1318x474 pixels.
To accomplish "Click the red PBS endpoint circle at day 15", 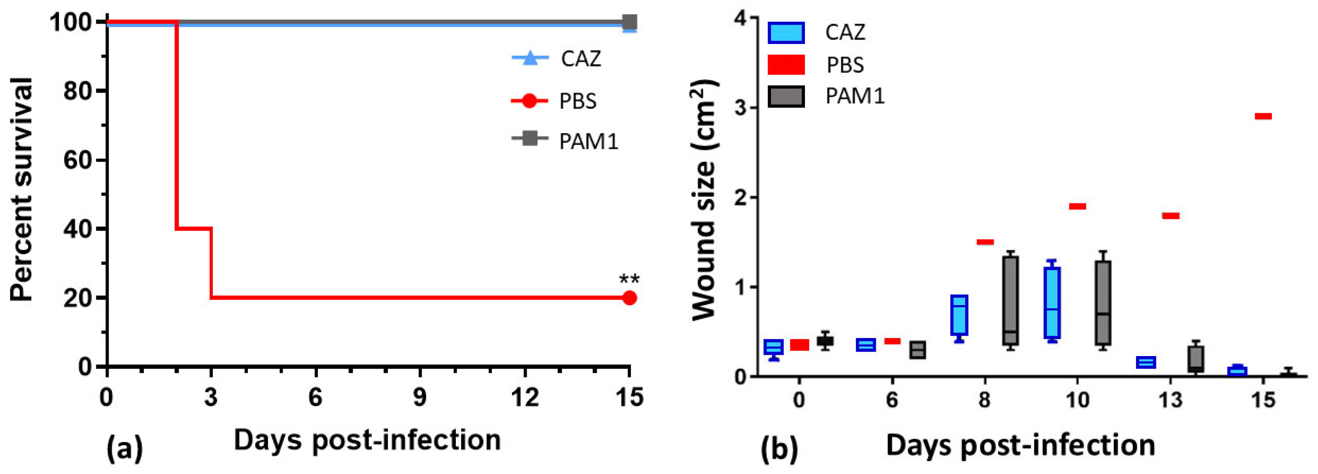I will point(629,298).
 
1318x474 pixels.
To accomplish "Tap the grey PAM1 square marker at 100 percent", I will point(629,22).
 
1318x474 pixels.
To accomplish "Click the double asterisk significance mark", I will point(629,280).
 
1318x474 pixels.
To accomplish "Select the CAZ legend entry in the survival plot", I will point(558,59).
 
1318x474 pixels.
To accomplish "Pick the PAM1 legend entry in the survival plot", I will point(565,141).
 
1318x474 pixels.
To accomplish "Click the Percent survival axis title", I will point(22,189).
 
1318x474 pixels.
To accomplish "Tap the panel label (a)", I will point(124,448).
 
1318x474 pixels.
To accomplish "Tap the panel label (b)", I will point(779,449).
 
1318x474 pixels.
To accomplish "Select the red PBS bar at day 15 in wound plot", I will point(1263,116).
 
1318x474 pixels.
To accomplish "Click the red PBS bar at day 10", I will point(1077,206).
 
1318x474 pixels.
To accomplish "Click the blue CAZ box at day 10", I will point(1052,302).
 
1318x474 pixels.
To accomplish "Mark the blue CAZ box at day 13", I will point(1146,362).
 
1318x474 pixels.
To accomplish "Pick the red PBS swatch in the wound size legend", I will point(786,65).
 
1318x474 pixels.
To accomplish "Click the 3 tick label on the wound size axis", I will point(738,107).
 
